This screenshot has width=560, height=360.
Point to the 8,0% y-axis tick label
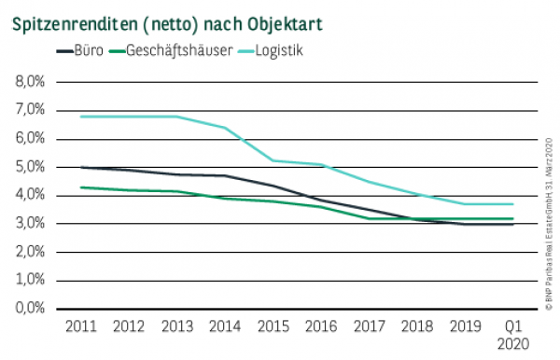click(30, 82)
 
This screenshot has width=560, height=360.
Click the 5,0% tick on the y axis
click(30, 167)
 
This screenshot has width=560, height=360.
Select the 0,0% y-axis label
click(30, 309)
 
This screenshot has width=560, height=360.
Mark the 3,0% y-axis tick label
click(30, 224)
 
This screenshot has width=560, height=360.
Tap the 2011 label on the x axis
click(81, 326)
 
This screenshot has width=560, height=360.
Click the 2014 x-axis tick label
click(226, 326)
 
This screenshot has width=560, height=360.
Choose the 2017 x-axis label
click(371, 326)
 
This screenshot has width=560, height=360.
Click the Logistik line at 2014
click(226, 128)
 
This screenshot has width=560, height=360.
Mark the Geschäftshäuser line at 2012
click(130, 190)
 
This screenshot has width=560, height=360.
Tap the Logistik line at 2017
click(371, 182)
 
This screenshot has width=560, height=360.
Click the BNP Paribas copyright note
click(549, 224)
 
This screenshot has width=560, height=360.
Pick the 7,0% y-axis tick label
click(30, 110)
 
